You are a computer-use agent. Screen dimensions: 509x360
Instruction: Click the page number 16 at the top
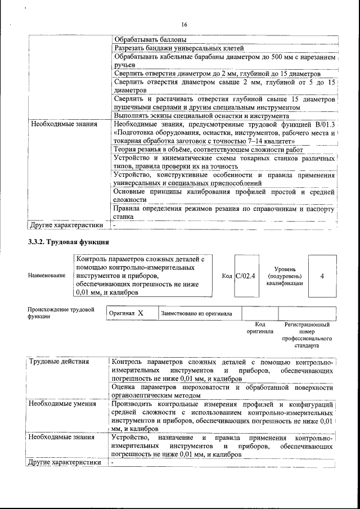click(183, 24)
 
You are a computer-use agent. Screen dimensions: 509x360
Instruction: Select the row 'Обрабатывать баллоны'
click(150, 40)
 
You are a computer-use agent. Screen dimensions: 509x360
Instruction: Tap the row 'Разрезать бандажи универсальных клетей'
click(178, 48)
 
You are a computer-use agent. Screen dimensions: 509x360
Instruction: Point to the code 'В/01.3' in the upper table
click(322, 124)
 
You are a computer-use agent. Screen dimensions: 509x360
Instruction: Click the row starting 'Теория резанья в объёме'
click(208, 150)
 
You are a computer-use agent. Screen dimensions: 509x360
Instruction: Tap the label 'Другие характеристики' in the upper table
click(66, 226)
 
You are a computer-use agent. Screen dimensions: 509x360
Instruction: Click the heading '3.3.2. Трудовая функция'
click(68, 242)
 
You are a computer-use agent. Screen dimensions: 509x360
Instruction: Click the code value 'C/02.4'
click(245, 276)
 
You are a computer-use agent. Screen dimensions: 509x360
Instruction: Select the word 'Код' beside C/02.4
click(227, 276)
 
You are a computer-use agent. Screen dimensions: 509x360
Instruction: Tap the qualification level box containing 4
click(322, 276)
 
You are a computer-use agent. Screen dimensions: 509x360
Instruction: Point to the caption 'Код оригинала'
click(260, 328)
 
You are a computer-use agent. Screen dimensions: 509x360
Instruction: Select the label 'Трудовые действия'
click(59, 361)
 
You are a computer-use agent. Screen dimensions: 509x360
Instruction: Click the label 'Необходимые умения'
click(58, 404)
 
